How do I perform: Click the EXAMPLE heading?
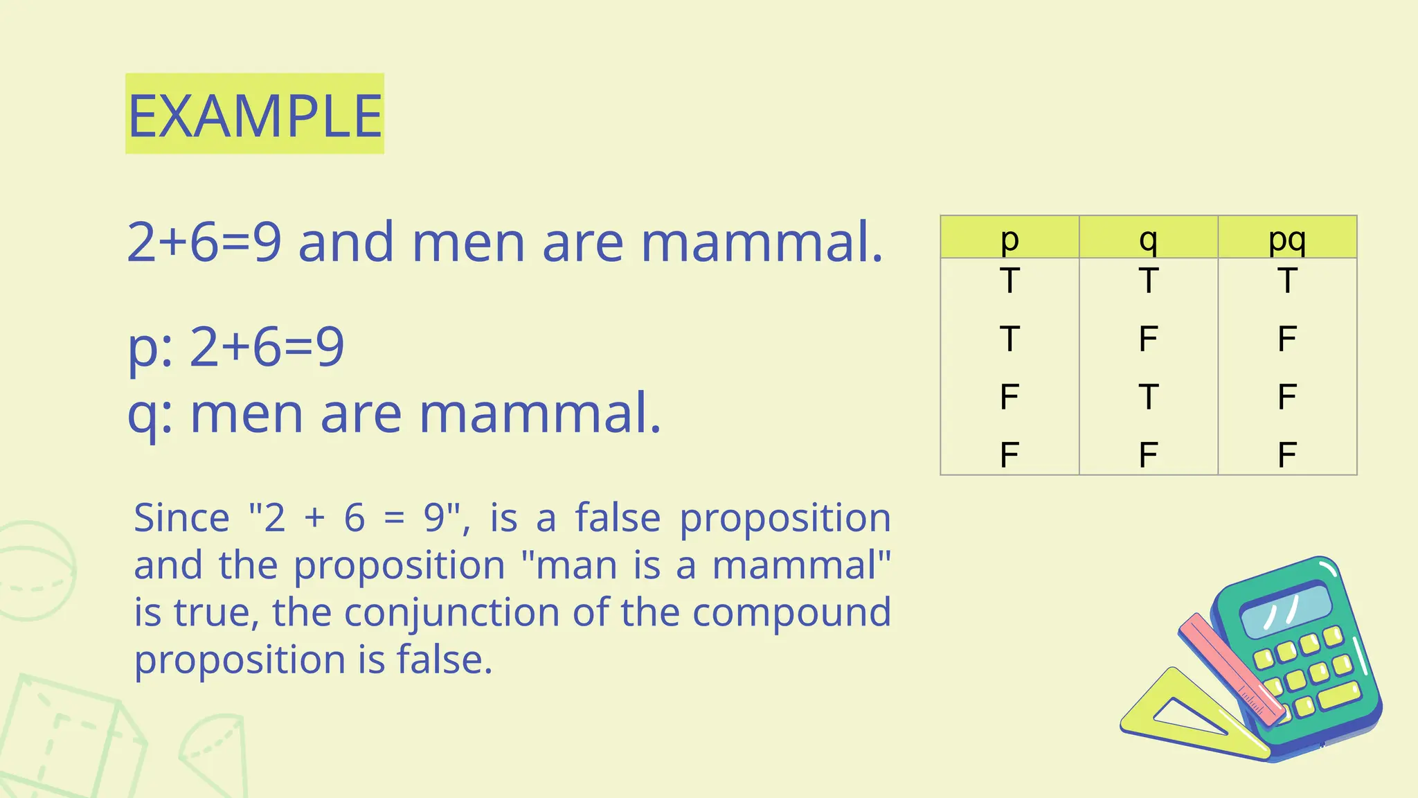point(255,115)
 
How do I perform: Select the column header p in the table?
point(1009,238)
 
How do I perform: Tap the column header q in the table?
point(1148,238)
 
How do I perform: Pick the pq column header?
point(1286,238)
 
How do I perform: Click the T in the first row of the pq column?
point(1286,281)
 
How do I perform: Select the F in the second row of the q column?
point(1148,339)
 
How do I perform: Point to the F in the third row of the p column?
point(1009,397)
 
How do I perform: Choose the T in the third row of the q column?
point(1148,397)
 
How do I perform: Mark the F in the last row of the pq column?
point(1286,455)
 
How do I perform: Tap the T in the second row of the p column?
point(1009,339)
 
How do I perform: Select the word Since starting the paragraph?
point(181,518)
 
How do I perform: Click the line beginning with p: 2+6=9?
point(236,346)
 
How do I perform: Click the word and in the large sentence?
point(346,242)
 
